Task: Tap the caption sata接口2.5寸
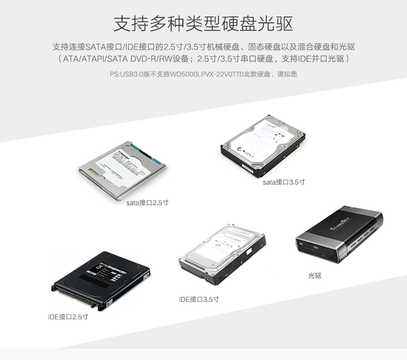click(x=147, y=203)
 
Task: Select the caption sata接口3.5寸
click(x=284, y=182)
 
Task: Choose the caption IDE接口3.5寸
click(x=199, y=299)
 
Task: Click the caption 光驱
click(x=314, y=276)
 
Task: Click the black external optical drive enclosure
click(x=340, y=234)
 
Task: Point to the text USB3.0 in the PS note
click(x=131, y=74)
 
